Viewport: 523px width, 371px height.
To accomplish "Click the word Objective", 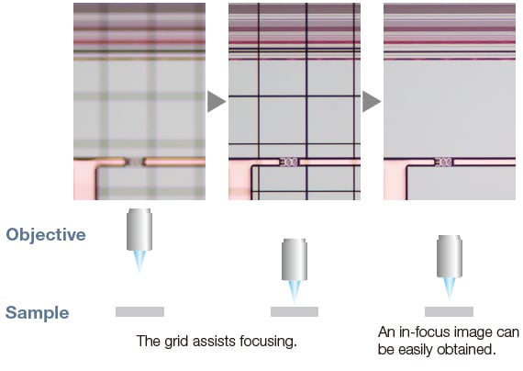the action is (46, 235).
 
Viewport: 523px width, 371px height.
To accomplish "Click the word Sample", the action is (38, 313).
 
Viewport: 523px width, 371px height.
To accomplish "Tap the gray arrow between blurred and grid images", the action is (217, 101).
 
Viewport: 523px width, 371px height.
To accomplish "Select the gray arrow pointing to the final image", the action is (372, 101).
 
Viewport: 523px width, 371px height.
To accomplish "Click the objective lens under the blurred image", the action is (139, 230).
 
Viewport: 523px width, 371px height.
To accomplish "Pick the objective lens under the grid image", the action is (295, 259).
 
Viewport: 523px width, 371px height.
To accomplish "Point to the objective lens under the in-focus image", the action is (450, 256).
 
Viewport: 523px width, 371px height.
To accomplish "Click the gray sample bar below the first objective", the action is (139, 311).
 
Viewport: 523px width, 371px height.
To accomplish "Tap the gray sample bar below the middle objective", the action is (295, 311).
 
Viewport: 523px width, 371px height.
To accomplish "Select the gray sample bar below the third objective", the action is (449, 311).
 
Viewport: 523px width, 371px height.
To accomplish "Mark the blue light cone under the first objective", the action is (139, 262).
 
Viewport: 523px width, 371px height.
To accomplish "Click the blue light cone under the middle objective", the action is (295, 291).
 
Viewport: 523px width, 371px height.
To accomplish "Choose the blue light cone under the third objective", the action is (450, 288).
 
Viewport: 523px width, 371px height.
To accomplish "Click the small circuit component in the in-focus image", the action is (443, 163).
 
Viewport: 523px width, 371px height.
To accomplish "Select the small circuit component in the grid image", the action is (289, 163).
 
